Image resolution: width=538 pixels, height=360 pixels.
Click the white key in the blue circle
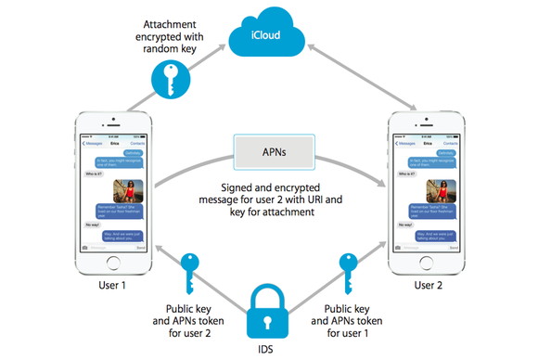pos(170,80)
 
